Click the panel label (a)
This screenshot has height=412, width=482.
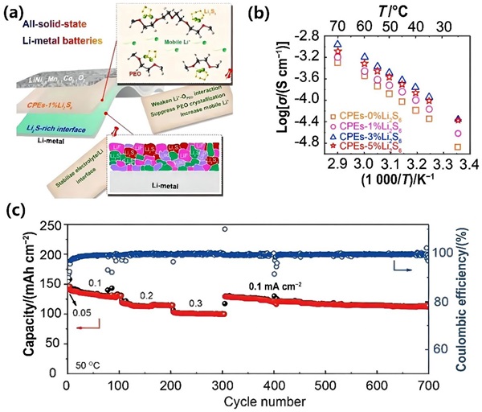(14, 10)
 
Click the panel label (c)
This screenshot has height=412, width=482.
(14, 213)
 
